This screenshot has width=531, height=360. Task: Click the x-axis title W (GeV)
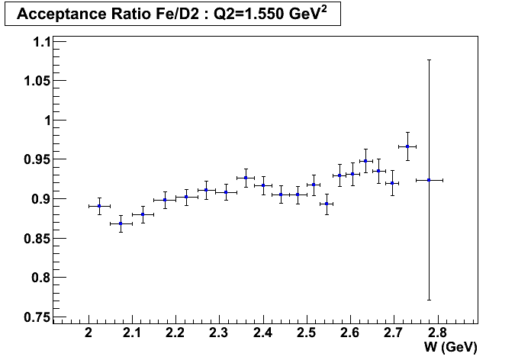452,347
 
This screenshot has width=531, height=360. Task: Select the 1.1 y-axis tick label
38,42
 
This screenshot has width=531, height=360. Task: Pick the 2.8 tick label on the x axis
437,333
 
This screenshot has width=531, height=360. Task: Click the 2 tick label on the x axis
89,333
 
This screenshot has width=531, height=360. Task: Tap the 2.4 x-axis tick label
263,333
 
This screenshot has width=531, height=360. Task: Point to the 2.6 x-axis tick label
350,333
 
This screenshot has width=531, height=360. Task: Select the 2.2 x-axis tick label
176,333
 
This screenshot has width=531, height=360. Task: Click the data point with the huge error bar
429,180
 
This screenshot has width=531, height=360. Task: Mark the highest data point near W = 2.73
407,146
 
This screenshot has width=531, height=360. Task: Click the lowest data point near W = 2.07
121,223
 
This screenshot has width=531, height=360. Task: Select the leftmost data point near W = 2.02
99,206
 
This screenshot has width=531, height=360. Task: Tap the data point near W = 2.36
246,178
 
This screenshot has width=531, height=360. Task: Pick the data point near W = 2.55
327,204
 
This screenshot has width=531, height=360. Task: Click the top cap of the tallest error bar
429,59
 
